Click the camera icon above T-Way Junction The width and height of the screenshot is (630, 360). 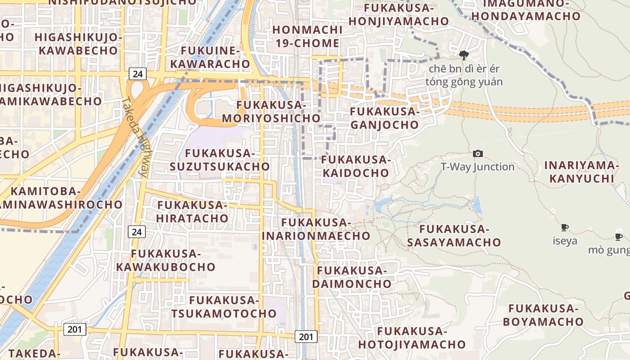click(x=478, y=154)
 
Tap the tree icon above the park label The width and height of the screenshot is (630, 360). click(x=463, y=55)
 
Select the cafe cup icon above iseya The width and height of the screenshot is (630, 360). click(x=565, y=228)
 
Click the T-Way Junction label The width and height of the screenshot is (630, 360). click(x=477, y=167)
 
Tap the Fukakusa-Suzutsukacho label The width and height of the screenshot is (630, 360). click(x=220, y=160)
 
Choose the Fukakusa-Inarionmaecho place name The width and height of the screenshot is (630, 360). click(x=316, y=229)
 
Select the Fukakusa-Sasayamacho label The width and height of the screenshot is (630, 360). click(x=454, y=235)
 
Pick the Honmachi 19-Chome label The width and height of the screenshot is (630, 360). click(x=308, y=36)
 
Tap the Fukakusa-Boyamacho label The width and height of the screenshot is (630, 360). click(x=543, y=315)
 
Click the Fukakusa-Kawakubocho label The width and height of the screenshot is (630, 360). click(x=166, y=260)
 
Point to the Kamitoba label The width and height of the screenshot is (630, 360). click(x=45, y=191)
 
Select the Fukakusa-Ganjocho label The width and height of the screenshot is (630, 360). click(x=384, y=118)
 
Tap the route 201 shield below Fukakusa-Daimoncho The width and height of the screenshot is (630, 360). click(x=306, y=336)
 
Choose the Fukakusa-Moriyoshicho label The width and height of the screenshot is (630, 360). click(x=271, y=112)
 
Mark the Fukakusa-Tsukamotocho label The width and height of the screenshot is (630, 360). click(x=224, y=306)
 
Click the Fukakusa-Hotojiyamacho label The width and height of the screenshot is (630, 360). click(x=412, y=338)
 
